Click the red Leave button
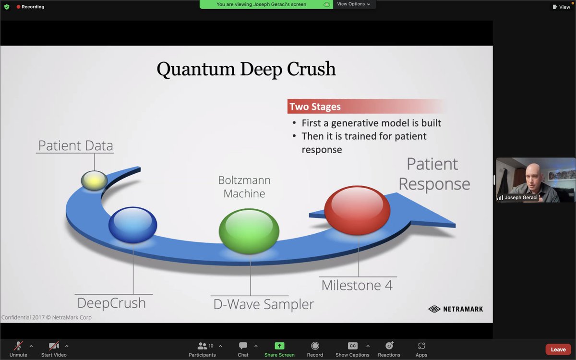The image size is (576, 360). pyautogui.click(x=558, y=349)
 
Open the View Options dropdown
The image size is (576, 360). pyautogui.click(x=354, y=4)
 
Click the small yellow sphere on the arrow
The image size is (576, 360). pyautogui.click(x=94, y=180)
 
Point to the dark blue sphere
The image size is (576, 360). pyautogui.click(x=132, y=225)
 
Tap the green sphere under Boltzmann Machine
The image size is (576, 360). pyautogui.click(x=249, y=231)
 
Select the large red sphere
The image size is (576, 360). pyautogui.click(x=357, y=210)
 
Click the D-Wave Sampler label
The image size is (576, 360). pyautogui.click(x=264, y=304)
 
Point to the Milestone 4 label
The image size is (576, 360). pyautogui.click(x=357, y=285)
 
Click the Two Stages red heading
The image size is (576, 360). pyautogui.click(x=315, y=107)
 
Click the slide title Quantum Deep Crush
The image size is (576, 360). pyautogui.click(x=246, y=69)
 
